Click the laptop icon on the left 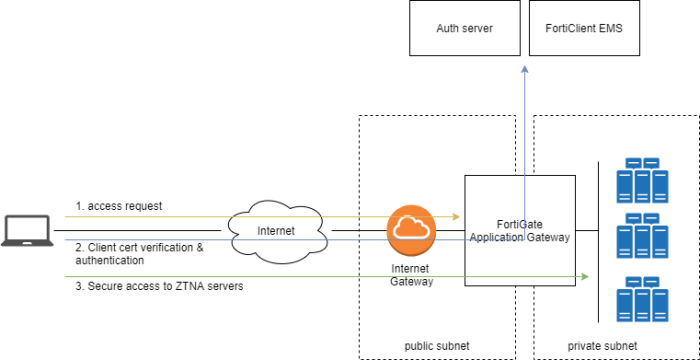coord(26,230)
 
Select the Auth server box coord(464,28)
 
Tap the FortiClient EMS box coord(583,28)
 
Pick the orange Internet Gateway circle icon coord(412,230)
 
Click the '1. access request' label coord(119,206)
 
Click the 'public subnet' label coord(438,346)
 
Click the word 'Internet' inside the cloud coord(277,231)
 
